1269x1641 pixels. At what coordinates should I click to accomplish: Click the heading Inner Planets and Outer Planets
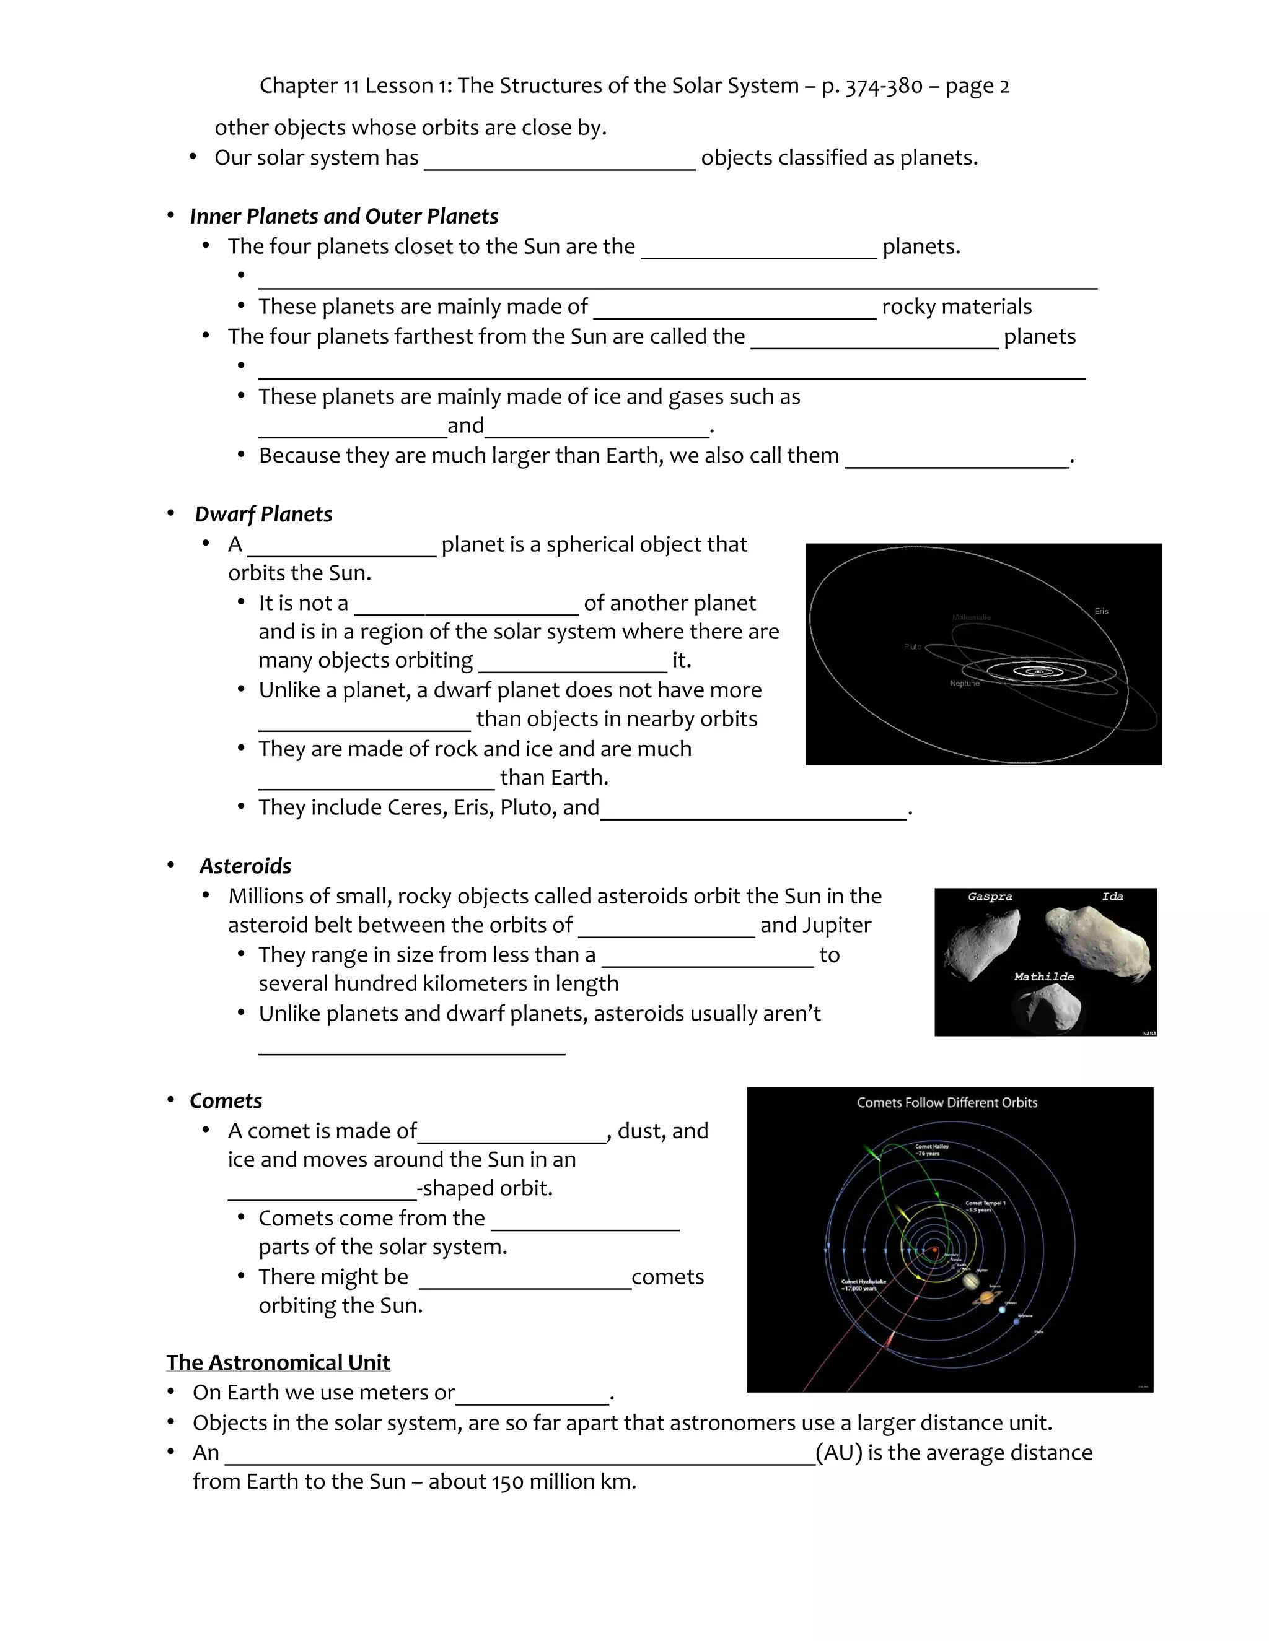pyautogui.click(x=343, y=216)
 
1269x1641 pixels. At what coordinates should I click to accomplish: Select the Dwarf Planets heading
pyautogui.click(x=263, y=514)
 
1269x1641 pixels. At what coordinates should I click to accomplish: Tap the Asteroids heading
pyautogui.click(x=245, y=866)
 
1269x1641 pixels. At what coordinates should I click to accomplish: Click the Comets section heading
pyautogui.click(x=226, y=1101)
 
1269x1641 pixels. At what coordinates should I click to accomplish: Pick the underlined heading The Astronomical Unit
pyautogui.click(x=278, y=1362)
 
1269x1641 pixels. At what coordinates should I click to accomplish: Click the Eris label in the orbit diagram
pyautogui.click(x=1101, y=611)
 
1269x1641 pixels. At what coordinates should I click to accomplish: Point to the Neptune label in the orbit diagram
pyautogui.click(x=965, y=683)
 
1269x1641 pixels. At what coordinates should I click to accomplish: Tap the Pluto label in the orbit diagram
pyautogui.click(x=913, y=646)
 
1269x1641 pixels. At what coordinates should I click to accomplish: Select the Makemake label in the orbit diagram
pyautogui.click(x=972, y=617)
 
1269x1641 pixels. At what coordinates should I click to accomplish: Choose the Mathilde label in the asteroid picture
pyautogui.click(x=1043, y=977)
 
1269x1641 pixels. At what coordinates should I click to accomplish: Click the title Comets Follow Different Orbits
pyautogui.click(x=947, y=1102)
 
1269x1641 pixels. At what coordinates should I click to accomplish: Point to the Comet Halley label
pyautogui.click(x=931, y=1149)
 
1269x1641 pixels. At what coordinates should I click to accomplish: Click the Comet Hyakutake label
pyautogui.click(x=863, y=1284)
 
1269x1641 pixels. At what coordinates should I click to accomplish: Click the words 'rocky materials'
pyautogui.click(x=956, y=307)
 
